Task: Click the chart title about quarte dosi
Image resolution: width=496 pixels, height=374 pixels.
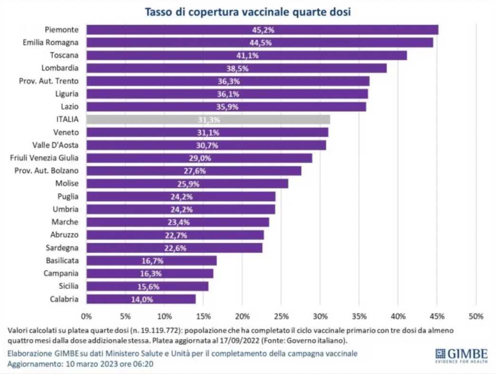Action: pyautogui.click(x=248, y=12)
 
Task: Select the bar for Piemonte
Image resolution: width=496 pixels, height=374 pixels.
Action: pyautogui.click(x=262, y=30)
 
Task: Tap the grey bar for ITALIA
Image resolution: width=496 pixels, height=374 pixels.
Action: pyautogui.click(x=208, y=119)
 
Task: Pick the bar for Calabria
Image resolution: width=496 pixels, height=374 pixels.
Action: pyautogui.click(x=141, y=299)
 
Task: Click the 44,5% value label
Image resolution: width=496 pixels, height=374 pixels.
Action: pyautogui.click(x=259, y=42)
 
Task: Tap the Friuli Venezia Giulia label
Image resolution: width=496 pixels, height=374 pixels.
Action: pyautogui.click(x=44, y=158)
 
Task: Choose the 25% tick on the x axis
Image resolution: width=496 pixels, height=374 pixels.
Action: pyautogui.click(x=281, y=316)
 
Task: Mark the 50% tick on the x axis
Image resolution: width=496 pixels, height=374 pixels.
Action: pyautogui.click(x=476, y=316)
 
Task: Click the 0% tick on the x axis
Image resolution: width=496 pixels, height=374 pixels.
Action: pyautogui.click(x=86, y=316)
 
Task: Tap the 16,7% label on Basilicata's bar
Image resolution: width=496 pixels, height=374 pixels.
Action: pyautogui.click(x=151, y=261)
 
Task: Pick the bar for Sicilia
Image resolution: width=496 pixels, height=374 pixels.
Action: pyautogui.click(x=147, y=286)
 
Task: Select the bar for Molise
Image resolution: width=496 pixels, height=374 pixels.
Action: pyautogui.click(x=187, y=184)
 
